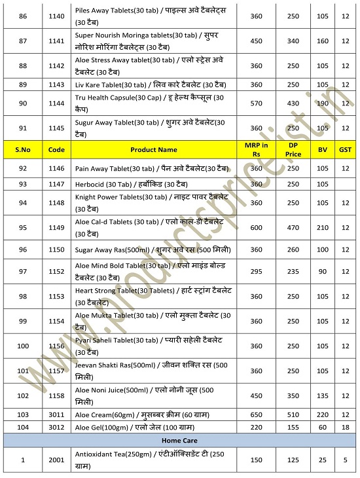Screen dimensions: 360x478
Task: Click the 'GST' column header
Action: [345, 150]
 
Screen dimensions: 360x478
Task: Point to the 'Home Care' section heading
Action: [179, 441]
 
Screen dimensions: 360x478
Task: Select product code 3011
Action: [57, 414]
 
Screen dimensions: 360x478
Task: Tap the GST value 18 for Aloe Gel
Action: [345, 427]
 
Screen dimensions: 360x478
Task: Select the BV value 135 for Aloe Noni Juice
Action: [322, 395]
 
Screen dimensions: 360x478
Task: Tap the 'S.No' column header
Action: [22, 150]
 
